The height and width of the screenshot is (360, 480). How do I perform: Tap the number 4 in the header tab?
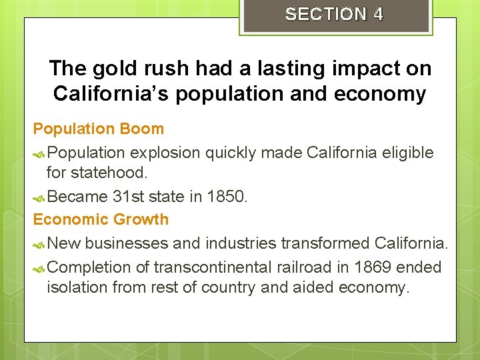(x=379, y=14)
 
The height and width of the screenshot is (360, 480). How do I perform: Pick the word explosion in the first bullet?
(x=165, y=153)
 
